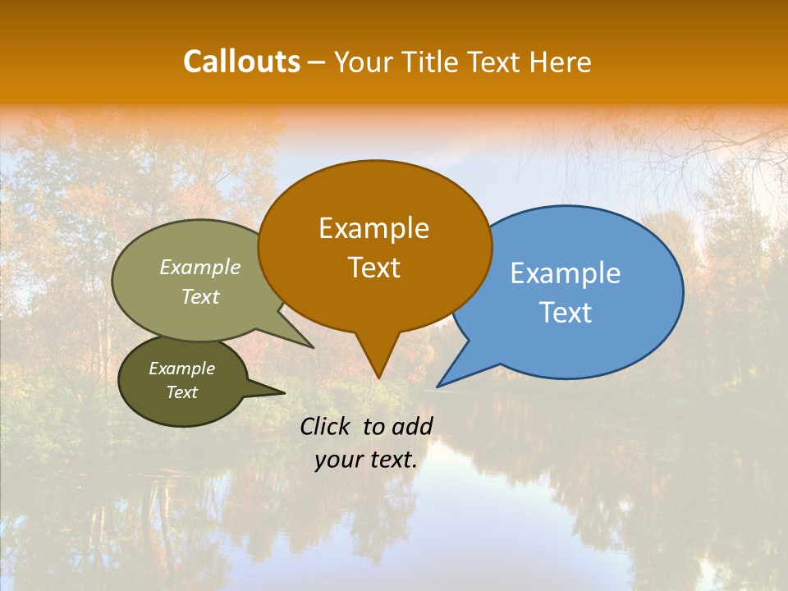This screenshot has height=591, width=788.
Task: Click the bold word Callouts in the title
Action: pyautogui.click(x=241, y=62)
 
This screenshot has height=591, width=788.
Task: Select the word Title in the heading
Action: pyautogui.click(x=429, y=62)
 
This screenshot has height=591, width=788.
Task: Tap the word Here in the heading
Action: pyautogui.click(x=561, y=62)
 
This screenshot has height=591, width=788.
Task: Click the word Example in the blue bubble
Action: pyautogui.click(x=566, y=273)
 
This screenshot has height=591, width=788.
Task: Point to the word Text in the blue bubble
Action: pyautogui.click(x=566, y=313)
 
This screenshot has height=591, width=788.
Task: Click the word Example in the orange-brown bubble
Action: pyautogui.click(x=373, y=228)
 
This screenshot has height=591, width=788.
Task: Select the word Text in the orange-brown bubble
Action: pyautogui.click(x=373, y=268)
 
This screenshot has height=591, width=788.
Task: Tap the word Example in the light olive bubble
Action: pyautogui.click(x=200, y=267)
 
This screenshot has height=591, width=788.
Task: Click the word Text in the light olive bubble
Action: pyautogui.click(x=200, y=296)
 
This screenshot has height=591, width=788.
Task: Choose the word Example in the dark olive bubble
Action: pyautogui.click(x=181, y=369)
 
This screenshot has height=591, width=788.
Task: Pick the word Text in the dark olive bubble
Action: pyautogui.click(x=181, y=392)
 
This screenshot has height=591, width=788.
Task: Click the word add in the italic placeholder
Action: pyautogui.click(x=412, y=426)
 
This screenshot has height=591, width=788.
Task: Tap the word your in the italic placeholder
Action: pyautogui.click(x=337, y=460)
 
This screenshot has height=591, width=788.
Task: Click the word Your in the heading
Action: pyautogui.click(x=363, y=62)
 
